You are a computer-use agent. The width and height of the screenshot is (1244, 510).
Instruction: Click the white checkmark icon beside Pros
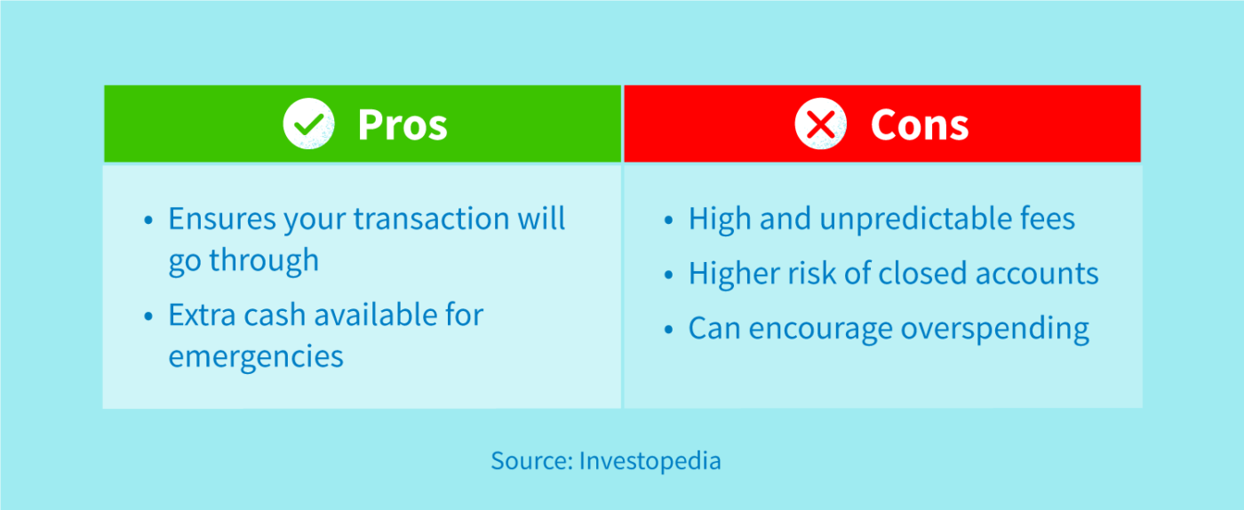click(308, 124)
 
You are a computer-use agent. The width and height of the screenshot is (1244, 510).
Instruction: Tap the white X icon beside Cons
click(820, 124)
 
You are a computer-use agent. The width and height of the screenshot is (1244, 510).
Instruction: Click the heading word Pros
click(403, 124)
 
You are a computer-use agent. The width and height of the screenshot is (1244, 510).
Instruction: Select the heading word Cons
click(919, 124)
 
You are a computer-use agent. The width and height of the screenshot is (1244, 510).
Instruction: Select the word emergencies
click(256, 356)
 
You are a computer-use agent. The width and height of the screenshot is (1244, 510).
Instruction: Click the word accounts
click(1040, 274)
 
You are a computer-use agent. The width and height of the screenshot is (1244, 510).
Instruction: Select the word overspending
click(994, 330)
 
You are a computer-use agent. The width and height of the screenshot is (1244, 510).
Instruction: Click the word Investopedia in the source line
click(650, 461)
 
